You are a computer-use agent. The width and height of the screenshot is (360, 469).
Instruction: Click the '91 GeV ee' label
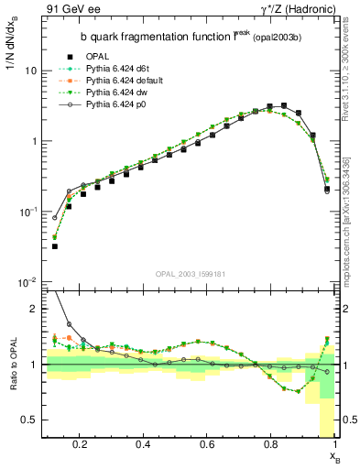click(70, 8)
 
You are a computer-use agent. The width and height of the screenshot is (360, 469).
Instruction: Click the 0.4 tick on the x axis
click(143, 445)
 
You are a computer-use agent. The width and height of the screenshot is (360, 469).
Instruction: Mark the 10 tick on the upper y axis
click(30, 71)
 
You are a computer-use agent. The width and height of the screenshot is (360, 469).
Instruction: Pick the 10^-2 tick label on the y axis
click(27, 282)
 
